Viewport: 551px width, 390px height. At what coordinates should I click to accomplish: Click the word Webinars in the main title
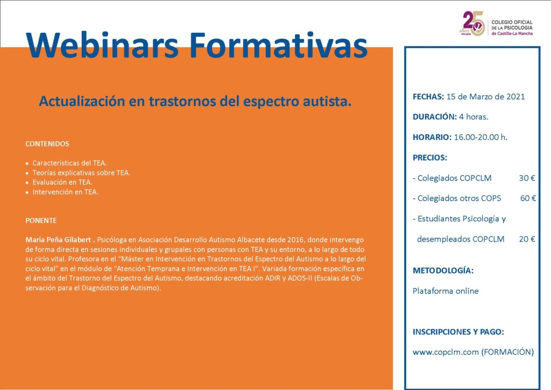click(x=102, y=45)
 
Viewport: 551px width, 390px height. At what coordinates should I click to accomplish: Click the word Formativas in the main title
click(x=278, y=45)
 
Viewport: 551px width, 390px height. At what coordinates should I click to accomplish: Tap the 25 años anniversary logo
click(x=472, y=24)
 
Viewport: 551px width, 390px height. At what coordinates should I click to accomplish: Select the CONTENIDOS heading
click(x=47, y=144)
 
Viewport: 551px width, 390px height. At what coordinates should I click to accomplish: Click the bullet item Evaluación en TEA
click(x=62, y=182)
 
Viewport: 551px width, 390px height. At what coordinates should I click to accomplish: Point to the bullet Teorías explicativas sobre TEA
click(x=81, y=173)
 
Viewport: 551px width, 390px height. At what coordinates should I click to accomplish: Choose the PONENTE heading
click(x=41, y=220)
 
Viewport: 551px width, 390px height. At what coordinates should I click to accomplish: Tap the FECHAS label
click(x=428, y=97)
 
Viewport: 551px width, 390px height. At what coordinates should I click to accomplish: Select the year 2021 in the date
click(x=515, y=97)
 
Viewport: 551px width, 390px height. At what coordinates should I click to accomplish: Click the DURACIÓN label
click(x=435, y=117)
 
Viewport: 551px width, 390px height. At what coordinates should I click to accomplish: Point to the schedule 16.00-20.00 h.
click(x=481, y=137)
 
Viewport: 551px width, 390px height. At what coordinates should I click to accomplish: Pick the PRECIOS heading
click(x=430, y=157)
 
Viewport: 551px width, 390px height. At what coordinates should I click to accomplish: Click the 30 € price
click(x=527, y=178)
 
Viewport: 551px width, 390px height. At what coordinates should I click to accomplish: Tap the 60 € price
click(x=528, y=198)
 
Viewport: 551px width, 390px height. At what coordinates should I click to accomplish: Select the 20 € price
click(x=527, y=239)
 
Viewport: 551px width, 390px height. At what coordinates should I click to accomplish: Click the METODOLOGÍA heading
click(x=443, y=270)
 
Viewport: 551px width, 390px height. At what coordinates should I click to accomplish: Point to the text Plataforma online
click(x=446, y=291)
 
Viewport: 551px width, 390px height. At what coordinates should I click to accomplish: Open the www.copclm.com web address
click(x=446, y=352)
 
